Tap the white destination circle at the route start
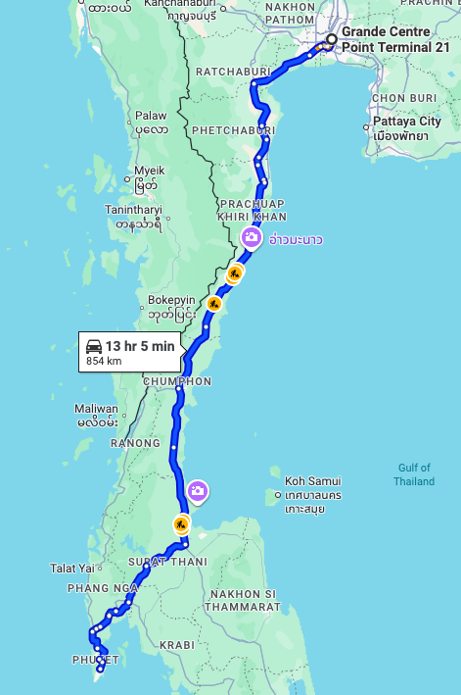pos(332,40)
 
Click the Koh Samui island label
pos(313,481)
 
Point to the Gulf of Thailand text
pos(414,474)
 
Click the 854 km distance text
pos(104,361)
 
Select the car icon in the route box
pos(94,346)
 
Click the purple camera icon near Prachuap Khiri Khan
pos(252,236)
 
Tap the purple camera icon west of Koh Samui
pos(198,490)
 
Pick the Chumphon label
pos(177,381)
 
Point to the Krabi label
pos(181,645)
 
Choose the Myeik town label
pos(150,170)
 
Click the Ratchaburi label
pos(228,72)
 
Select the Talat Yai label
pos(73,568)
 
